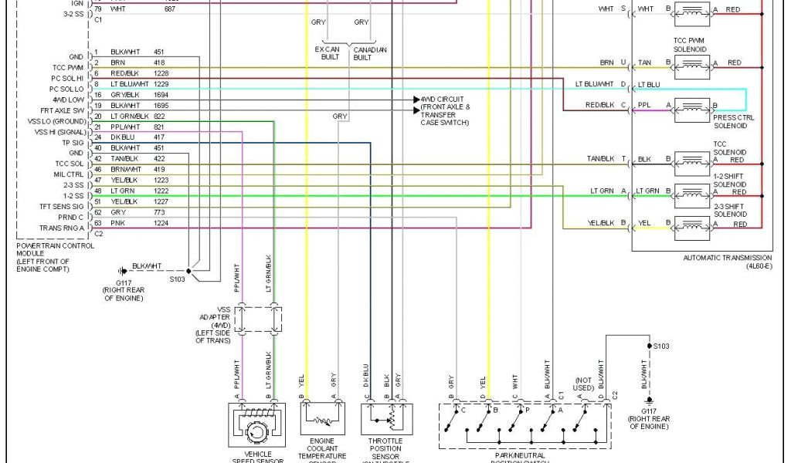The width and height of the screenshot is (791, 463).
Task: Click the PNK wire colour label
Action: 117,224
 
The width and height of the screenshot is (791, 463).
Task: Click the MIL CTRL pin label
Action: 68,174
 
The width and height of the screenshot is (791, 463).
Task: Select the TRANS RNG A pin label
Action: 61,228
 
